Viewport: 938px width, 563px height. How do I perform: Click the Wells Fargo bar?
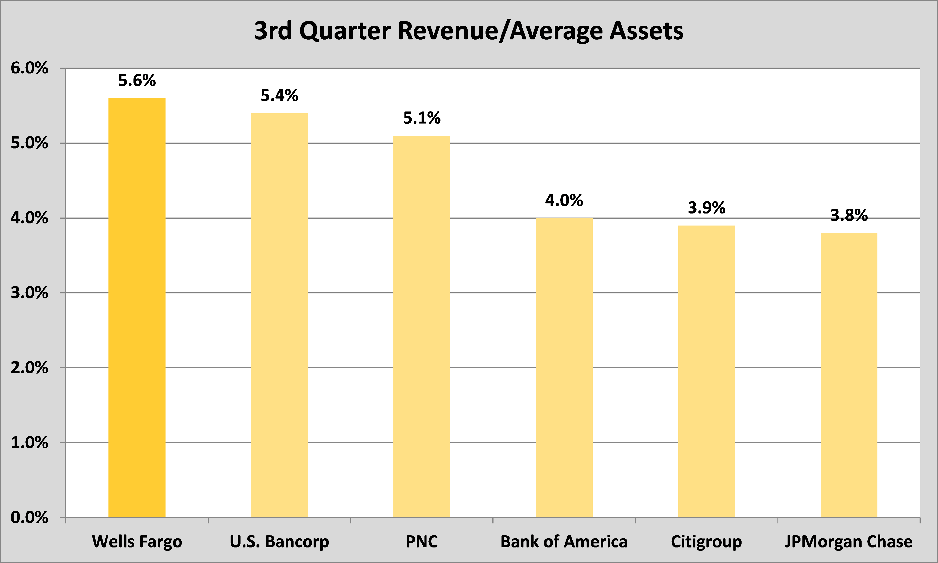point(137,307)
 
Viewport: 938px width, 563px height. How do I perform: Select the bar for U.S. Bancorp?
point(279,315)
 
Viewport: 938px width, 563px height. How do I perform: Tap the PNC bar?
point(422,326)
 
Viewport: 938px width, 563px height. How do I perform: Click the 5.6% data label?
point(137,80)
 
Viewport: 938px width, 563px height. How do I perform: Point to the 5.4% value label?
point(279,96)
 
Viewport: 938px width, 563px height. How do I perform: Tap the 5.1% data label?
point(422,118)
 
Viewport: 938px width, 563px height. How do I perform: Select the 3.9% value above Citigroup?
point(706,208)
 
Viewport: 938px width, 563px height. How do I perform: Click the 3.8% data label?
point(849,216)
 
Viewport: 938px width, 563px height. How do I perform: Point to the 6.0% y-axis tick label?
point(30,68)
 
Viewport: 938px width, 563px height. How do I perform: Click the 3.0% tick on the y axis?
point(30,293)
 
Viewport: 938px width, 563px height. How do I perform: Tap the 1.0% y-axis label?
point(30,443)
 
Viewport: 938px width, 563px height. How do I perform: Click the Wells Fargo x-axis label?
point(137,542)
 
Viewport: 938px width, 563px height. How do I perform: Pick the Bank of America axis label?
point(564,542)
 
